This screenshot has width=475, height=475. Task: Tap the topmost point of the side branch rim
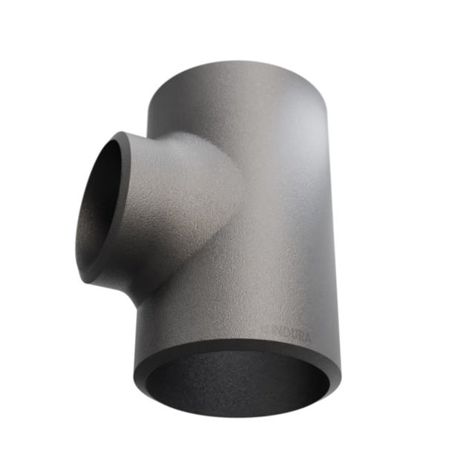click(x=119, y=133)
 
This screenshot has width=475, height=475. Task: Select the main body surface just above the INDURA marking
click(x=286, y=308)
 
